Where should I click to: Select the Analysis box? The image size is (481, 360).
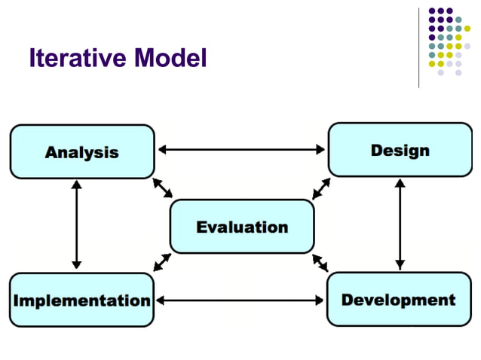[81, 151]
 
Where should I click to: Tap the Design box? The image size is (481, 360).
[400, 150]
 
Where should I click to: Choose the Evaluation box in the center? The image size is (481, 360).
[242, 226]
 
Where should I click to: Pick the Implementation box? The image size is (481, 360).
[81, 300]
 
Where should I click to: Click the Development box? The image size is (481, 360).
[398, 299]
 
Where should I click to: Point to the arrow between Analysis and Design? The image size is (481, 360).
[241, 149]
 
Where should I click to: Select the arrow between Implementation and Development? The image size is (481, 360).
[240, 300]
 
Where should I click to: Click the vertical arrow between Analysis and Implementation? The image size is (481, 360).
[76, 224]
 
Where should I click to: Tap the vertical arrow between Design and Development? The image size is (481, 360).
[400, 224]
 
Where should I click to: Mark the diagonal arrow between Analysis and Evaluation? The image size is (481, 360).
[162, 188]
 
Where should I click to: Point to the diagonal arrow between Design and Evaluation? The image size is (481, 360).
[321, 189]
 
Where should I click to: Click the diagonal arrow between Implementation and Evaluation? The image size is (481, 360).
[162, 262]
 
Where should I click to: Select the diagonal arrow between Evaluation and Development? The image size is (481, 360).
[320, 262]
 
